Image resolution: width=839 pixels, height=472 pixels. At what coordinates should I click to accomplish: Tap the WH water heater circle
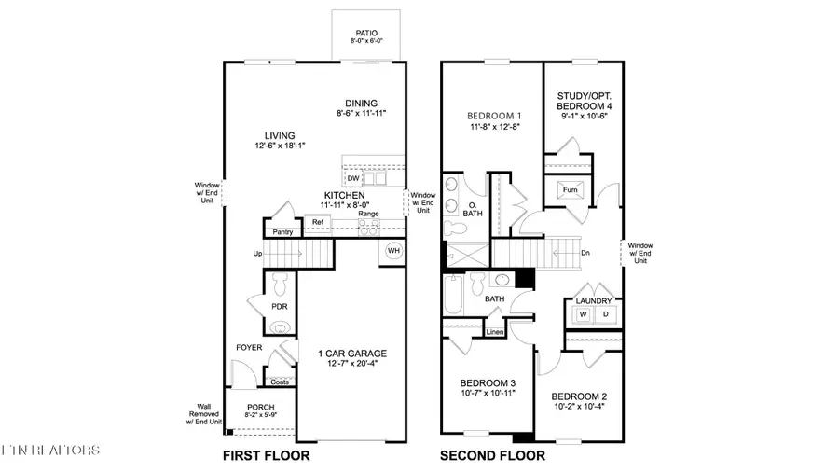(393, 252)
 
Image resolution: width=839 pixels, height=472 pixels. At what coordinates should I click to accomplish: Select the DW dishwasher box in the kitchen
(353, 178)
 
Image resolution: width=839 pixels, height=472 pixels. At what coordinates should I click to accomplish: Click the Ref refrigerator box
(318, 222)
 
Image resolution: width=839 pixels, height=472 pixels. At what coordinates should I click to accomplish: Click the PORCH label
(260, 408)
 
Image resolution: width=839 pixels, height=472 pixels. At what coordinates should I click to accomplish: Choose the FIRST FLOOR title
(266, 456)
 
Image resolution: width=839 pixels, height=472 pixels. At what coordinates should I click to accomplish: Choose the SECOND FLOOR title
(492, 456)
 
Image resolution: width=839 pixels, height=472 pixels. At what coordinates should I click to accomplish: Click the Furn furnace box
(571, 192)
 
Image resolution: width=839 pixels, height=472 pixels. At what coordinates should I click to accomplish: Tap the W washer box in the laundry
(584, 315)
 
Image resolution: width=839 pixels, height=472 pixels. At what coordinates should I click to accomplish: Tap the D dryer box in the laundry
(605, 315)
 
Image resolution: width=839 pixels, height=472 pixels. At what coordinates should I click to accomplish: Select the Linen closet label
(495, 332)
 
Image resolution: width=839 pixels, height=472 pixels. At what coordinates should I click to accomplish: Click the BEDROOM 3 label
(488, 383)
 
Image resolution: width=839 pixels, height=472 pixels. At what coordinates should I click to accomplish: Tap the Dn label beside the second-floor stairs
(585, 252)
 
